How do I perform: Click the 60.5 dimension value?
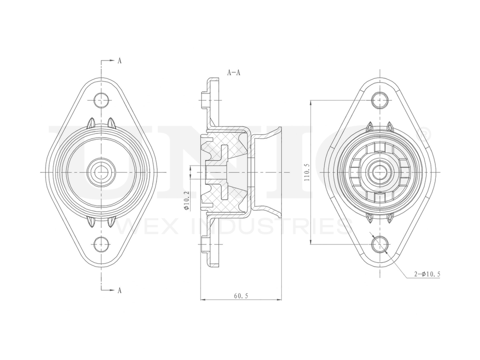241,296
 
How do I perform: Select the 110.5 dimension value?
306,171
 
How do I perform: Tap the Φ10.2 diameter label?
186,201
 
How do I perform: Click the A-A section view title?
234,72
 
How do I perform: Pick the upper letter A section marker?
119,61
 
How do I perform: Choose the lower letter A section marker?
119,289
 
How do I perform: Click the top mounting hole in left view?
101,100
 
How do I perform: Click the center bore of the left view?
101,171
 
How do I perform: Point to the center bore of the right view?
380,171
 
